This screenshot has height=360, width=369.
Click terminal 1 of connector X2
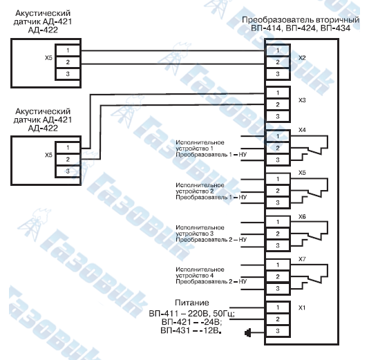coord(278,50)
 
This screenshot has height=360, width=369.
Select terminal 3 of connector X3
coord(278,116)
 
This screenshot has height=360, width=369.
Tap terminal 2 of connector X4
coord(278,149)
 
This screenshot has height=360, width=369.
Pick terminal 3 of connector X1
coord(278,331)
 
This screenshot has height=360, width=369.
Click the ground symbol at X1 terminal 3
coord(247,332)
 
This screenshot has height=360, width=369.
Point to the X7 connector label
coord(302,259)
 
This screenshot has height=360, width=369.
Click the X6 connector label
coord(302,216)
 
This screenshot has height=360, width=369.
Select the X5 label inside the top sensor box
coord(48,57)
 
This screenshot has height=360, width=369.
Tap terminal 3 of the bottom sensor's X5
coord(68,171)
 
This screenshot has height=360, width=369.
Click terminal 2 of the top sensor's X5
coord(68,62)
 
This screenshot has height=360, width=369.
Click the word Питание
coord(192,303)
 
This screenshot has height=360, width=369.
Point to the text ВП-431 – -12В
coord(191,330)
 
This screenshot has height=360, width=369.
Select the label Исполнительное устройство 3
coord(200,231)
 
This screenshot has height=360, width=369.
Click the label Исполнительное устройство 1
coord(200,145)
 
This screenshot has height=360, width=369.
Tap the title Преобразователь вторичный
coord(301,20)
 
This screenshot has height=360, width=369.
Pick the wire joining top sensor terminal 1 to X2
coord(173,50)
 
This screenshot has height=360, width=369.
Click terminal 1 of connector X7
coord(278,265)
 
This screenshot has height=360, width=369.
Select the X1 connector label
coord(302,307)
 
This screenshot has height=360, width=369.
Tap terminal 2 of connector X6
coord(278,234)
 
